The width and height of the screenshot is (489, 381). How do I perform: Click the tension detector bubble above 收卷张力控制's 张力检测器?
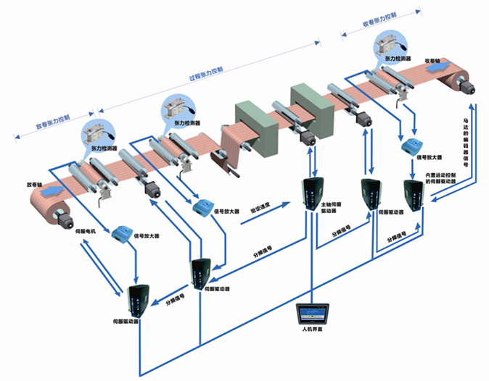click(x=391, y=43)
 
